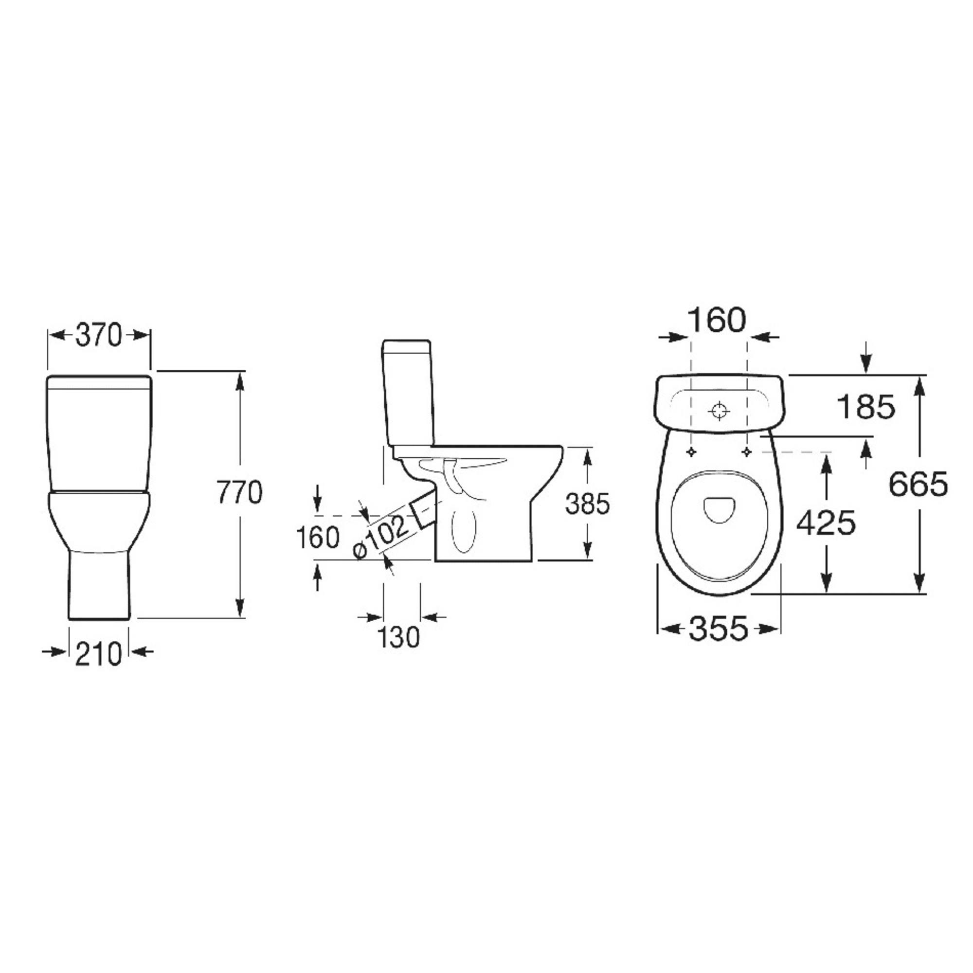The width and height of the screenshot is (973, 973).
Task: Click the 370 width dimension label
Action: tap(99, 335)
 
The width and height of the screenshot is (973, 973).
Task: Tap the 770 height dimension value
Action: tap(240, 492)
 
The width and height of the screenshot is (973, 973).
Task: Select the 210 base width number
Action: tap(99, 654)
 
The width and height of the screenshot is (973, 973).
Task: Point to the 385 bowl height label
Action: tap(587, 504)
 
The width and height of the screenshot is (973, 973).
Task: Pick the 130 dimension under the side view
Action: tap(398, 637)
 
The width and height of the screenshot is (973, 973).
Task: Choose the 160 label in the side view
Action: tap(317, 537)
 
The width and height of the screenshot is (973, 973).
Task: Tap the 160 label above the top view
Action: tap(717, 320)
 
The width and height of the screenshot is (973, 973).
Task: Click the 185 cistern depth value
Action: tap(866, 406)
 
